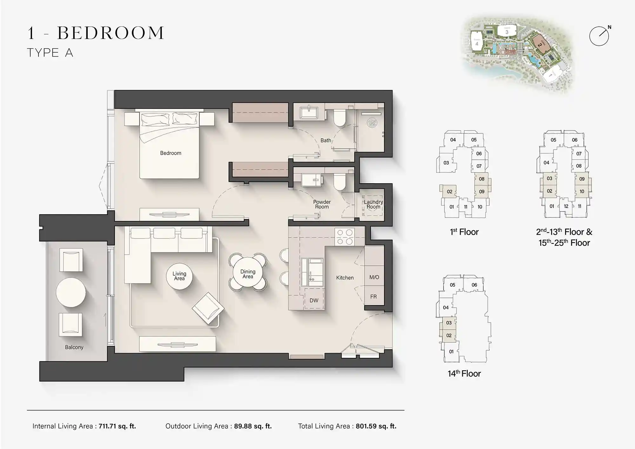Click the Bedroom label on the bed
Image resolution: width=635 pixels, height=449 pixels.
170,153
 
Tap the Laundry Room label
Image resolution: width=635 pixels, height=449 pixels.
373,204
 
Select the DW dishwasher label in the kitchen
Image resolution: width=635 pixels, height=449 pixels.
314,300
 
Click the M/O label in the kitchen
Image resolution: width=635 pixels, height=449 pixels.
374,277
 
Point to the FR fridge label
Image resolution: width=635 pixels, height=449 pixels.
373,297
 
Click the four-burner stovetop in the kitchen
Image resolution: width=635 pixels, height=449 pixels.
345,237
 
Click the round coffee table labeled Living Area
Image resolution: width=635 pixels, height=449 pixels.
179,276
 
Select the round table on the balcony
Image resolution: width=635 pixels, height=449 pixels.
71,292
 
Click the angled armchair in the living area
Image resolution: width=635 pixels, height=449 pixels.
208,308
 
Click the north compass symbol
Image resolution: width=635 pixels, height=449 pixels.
599,36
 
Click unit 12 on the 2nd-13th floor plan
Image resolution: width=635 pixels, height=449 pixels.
566,206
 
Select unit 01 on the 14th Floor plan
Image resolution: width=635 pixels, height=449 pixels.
451,352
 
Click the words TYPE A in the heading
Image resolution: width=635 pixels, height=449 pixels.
50,53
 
